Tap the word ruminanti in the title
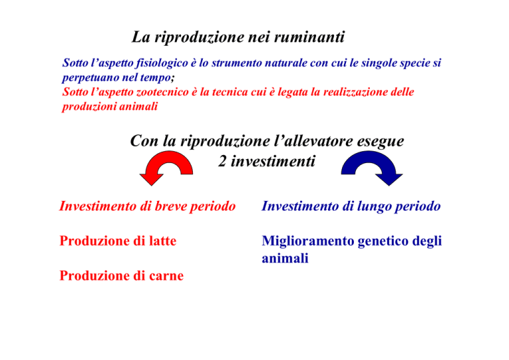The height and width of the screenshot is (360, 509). point(309,36)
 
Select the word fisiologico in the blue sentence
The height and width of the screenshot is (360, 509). point(162,63)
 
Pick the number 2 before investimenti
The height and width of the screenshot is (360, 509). point(223,161)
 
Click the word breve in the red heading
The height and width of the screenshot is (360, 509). point(170,206)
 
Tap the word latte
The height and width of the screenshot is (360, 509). point(162,241)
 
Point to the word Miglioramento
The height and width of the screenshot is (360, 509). point(308,241)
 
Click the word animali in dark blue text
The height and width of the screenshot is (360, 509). point(285,259)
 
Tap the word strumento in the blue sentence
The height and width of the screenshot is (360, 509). point(233,63)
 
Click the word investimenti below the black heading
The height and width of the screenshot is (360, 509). point(272,161)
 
